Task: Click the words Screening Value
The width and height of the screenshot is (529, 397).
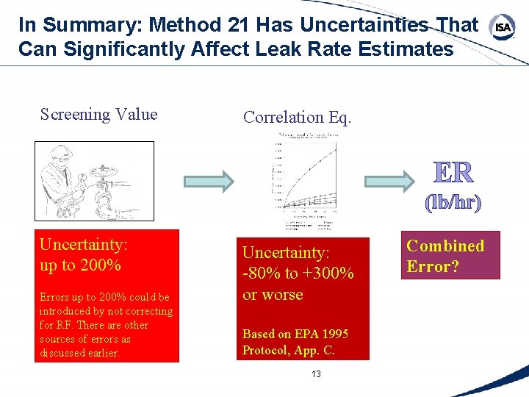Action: coord(98,114)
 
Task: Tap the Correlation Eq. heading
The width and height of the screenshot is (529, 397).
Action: coord(298,117)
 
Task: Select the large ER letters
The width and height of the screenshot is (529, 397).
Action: coord(453,172)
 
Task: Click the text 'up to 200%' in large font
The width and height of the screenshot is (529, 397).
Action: coord(80,265)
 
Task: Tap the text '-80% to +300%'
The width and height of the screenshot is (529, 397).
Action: coord(298,273)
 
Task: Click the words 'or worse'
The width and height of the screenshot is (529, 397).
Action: coord(273,295)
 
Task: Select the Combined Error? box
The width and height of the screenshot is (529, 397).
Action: coord(446,256)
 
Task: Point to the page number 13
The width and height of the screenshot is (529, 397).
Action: coord(316,374)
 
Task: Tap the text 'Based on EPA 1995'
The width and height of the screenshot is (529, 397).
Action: coord(295,334)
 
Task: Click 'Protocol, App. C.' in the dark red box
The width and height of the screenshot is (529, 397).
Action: coord(288,350)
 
